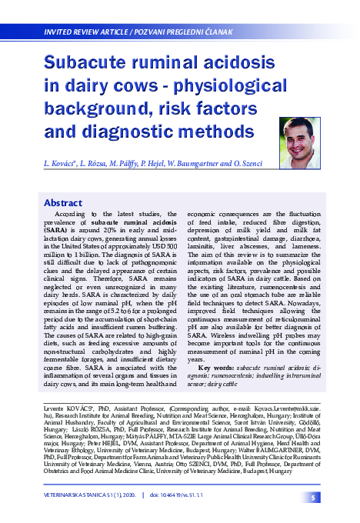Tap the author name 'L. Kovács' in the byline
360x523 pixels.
click(61, 165)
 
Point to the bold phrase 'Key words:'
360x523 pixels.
click(216, 368)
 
